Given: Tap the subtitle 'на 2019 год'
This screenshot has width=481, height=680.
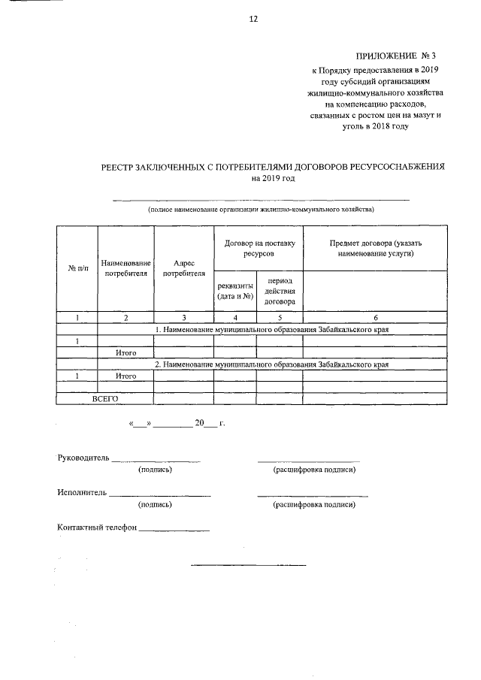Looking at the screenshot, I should tap(274, 178).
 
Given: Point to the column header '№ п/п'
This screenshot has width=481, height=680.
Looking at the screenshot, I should tap(78, 268).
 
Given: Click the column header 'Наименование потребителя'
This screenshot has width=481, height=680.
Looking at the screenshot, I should tap(126, 268).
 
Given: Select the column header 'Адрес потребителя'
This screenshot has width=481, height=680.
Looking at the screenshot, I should tap(183, 268).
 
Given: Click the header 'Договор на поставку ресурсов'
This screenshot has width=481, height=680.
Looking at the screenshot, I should tap(258, 249).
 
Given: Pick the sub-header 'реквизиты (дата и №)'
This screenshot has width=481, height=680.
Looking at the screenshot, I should tap(235, 290).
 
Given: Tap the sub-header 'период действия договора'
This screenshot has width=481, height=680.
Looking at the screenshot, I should tap(280, 290).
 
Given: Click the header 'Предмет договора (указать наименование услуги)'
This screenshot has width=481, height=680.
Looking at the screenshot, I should tap(376, 249).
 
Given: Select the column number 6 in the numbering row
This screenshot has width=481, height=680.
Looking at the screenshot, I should tap(376, 318).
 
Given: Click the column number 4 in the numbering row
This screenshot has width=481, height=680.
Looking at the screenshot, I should tap(235, 318).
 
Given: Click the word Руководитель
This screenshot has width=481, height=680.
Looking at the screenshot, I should tap(83, 458).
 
